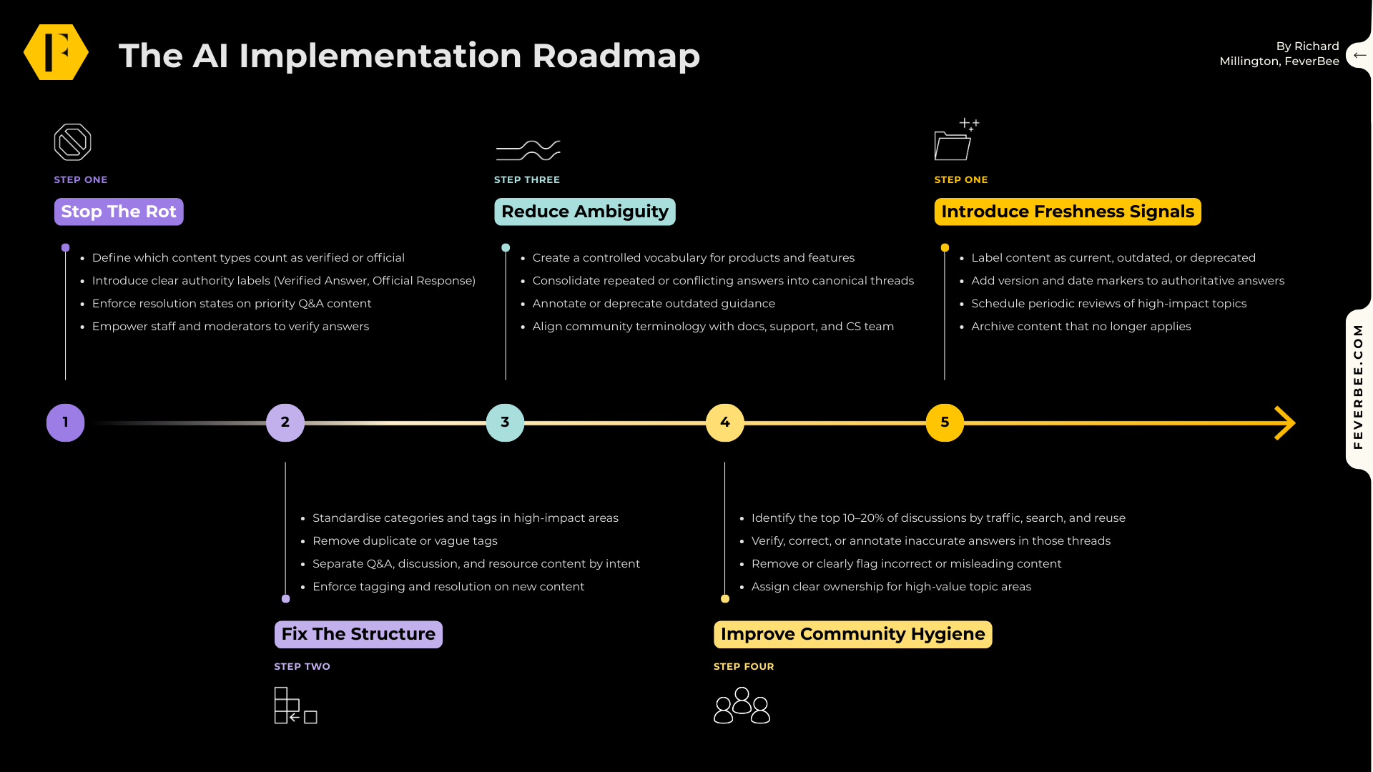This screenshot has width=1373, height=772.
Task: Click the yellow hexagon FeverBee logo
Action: click(56, 52)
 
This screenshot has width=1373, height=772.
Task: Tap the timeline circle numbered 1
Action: click(66, 422)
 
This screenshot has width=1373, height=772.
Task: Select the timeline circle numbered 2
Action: click(285, 422)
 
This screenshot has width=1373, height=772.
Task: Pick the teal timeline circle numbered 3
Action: click(505, 422)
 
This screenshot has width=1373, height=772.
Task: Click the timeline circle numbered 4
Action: click(725, 422)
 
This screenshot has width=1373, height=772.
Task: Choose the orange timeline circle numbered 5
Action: click(945, 422)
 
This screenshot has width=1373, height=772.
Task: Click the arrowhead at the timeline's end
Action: click(1286, 423)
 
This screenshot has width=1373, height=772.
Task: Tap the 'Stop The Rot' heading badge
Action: click(119, 212)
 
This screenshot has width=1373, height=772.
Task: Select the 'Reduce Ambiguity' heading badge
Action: click(584, 212)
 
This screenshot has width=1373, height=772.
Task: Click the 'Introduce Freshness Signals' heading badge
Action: click(1068, 212)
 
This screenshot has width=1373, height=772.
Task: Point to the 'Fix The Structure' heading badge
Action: click(358, 634)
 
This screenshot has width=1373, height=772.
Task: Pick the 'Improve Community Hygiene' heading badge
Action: click(852, 634)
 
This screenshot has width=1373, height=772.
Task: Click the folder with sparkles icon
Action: click(955, 140)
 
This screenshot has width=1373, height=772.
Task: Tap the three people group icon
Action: click(742, 706)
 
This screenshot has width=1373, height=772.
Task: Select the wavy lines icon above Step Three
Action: click(528, 150)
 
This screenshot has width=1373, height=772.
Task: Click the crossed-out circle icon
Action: click(72, 142)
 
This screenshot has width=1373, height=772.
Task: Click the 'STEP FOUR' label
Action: click(744, 666)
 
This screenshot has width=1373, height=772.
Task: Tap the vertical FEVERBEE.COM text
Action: click(1358, 387)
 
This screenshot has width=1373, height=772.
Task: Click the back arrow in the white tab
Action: click(1359, 55)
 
